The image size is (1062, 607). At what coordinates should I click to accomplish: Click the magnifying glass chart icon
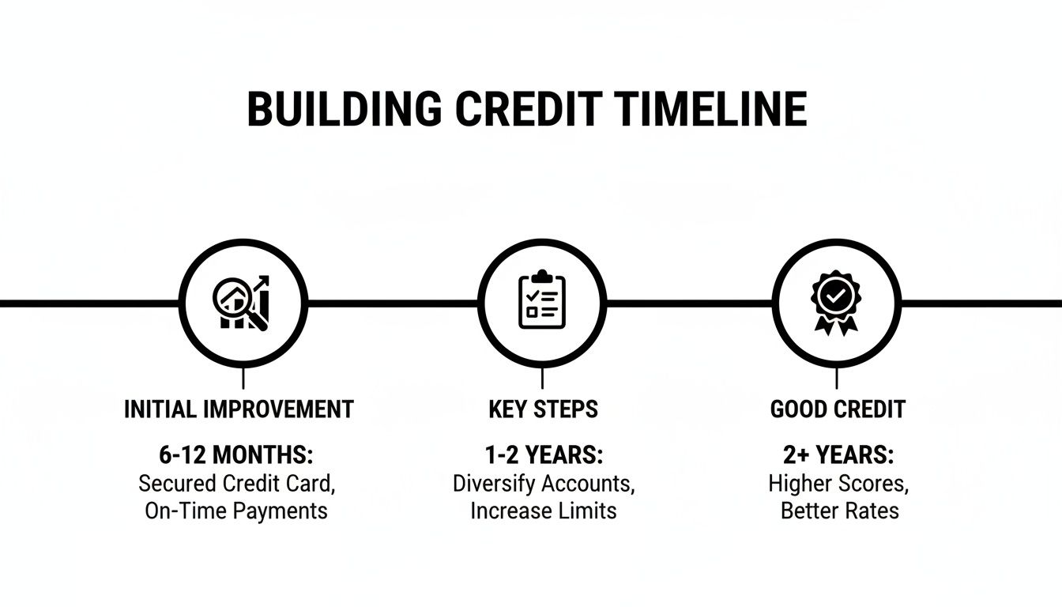tap(242, 303)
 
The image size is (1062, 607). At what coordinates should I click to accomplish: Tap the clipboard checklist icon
tap(541, 303)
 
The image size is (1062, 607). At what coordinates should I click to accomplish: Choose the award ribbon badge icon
tap(836, 303)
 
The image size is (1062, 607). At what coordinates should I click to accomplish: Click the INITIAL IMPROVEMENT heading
tap(239, 409)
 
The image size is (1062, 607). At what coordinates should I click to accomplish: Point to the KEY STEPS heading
tap(543, 409)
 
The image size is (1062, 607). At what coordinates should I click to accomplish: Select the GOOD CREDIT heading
tap(838, 409)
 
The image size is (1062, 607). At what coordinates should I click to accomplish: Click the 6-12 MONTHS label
tap(236, 455)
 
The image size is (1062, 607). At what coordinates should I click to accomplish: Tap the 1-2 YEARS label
tap(544, 455)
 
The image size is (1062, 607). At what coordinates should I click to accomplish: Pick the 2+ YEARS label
tap(839, 455)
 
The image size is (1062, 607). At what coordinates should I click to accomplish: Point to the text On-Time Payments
tap(236, 511)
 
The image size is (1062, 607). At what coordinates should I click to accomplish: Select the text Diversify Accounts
tap(544, 483)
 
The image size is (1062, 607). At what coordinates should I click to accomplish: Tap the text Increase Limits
tap(544, 511)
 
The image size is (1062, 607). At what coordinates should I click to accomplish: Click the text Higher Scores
tap(839, 483)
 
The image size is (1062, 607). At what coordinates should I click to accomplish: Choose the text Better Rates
tap(839, 511)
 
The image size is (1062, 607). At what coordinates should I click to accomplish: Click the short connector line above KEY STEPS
tap(542, 379)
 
